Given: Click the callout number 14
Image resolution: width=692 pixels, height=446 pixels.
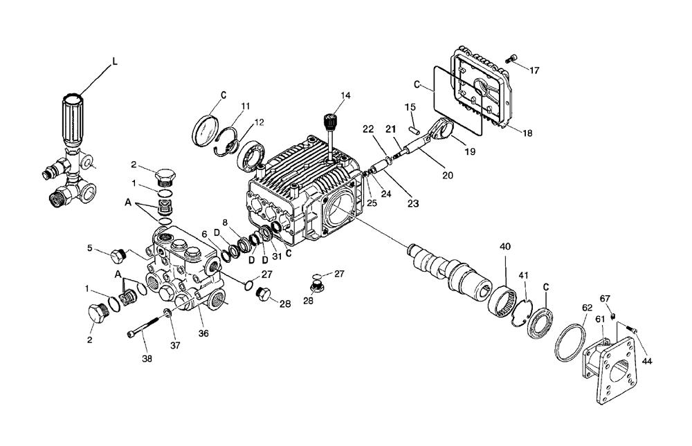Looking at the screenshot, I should (346, 95).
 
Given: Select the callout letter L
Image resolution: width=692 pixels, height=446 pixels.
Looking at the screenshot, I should (115, 62).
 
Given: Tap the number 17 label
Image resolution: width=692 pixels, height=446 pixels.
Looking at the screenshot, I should (534, 71).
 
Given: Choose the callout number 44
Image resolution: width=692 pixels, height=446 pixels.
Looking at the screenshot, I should (646, 360).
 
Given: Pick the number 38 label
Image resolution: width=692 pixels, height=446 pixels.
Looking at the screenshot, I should (147, 359).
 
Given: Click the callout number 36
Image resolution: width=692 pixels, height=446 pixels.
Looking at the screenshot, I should (203, 334).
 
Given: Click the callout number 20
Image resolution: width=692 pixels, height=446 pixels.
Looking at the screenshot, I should (447, 176).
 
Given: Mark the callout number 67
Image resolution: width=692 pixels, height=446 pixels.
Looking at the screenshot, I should (605, 298).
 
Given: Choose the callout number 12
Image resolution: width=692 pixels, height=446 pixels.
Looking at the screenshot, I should (239, 122).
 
